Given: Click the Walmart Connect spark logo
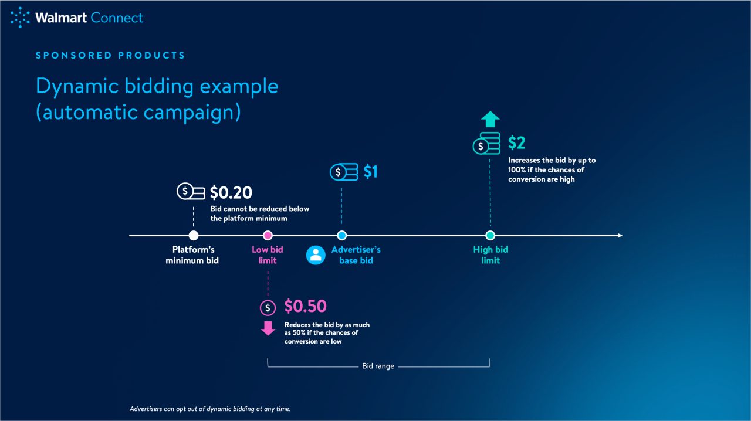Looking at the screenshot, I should pyautogui.click(x=20, y=18).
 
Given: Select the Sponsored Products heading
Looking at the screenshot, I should pyautogui.click(x=110, y=56).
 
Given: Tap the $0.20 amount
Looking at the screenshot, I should pyautogui.click(x=231, y=192).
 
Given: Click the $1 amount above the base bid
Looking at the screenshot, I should pyautogui.click(x=370, y=172).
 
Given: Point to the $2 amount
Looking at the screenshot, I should pyautogui.click(x=516, y=143).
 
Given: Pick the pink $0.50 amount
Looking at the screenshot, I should pyautogui.click(x=305, y=306).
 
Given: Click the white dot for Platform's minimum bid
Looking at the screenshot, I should pyautogui.click(x=194, y=236).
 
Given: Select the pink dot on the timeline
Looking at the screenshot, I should pyautogui.click(x=268, y=236).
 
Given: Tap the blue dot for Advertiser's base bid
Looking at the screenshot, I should pyautogui.click(x=341, y=236).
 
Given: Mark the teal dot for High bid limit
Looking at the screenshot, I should pyautogui.click(x=490, y=236).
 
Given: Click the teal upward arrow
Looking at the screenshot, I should pyautogui.click(x=490, y=120).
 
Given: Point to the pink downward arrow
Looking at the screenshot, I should pyautogui.click(x=268, y=328).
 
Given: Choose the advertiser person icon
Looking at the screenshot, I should pyautogui.click(x=316, y=255).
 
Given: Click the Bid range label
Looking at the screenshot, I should pyautogui.click(x=378, y=366).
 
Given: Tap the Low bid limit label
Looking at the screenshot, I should pyautogui.click(x=268, y=255).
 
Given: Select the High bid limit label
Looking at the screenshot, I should pyautogui.click(x=490, y=255).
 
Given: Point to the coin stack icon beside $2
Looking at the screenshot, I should pyautogui.click(x=486, y=144).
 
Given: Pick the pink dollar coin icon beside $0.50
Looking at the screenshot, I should pyautogui.click(x=268, y=307).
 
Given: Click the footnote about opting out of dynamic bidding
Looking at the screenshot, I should pyautogui.click(x=210, y=409).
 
